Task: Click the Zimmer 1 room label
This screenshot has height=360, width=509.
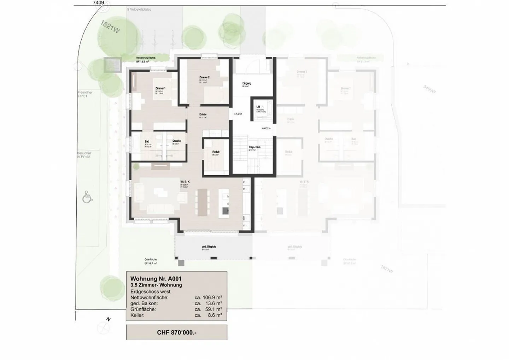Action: (160, 88)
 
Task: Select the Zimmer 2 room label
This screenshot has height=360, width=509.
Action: (204, 77)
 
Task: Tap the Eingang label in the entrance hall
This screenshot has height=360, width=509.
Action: (247, 83)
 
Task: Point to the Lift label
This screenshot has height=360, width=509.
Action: (258, 106)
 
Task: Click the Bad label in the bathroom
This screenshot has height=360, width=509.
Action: (147, 141)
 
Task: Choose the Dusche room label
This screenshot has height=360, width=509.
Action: (176, 141)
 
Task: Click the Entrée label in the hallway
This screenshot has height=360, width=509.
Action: (203, 115)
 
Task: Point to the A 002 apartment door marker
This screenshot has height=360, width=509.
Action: (266, 129)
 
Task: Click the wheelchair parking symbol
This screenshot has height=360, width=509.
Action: (87, 197)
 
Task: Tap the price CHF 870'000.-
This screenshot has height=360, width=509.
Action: (176, 332)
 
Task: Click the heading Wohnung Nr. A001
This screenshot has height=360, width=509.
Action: (156, 279)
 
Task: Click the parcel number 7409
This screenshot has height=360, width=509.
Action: (98, 2)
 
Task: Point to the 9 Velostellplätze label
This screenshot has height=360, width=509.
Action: (139, 10)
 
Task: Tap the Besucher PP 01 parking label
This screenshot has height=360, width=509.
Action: (85, 94)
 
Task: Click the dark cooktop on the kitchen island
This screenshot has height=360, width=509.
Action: (226, 211)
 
